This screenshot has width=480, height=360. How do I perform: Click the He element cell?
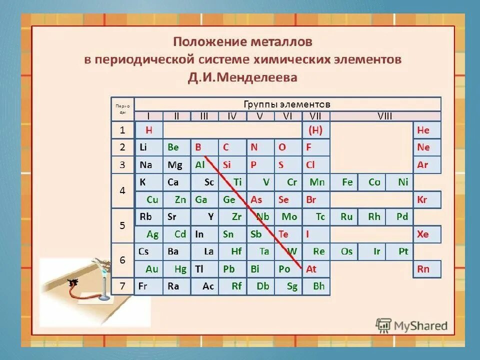pos(426,130)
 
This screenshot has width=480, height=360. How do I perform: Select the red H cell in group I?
pos(148,130)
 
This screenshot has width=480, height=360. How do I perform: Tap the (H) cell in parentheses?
pos(315,130)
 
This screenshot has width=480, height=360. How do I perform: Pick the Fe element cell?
pos(347,182)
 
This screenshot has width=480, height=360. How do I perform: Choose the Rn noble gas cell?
pos(426,269)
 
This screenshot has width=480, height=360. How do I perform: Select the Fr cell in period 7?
pos(148,286)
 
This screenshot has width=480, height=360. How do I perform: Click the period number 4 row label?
pos(122,191)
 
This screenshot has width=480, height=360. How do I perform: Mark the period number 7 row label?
pos(122,286)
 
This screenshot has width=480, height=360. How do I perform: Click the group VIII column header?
pos(385,116)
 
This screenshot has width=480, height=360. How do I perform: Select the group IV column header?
pos(232,116)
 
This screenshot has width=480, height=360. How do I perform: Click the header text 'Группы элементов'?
pos(287,104)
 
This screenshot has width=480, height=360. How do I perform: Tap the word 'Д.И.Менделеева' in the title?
pos(242,77)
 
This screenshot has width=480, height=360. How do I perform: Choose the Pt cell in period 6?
pos(403,251)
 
